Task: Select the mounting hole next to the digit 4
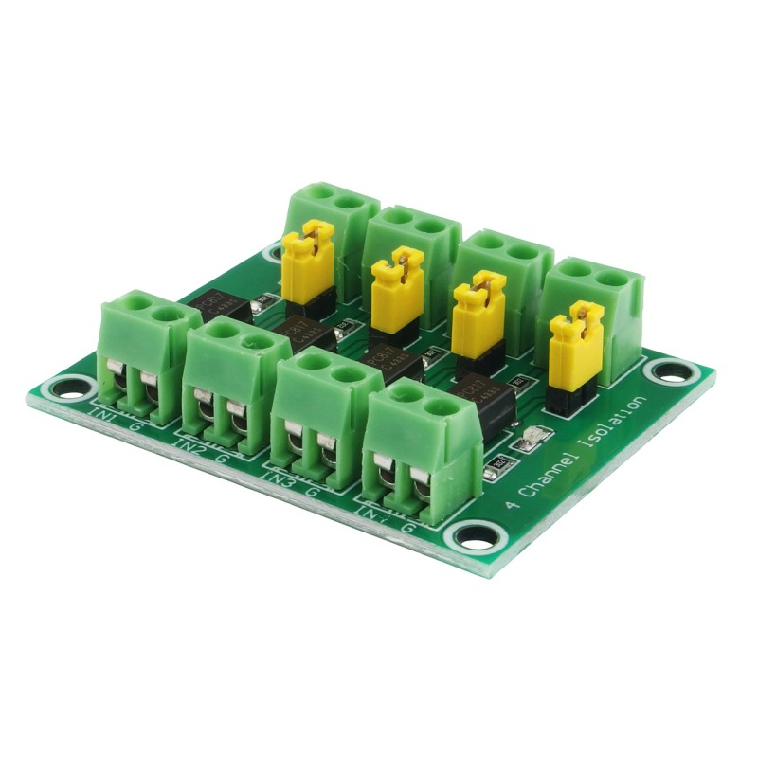(475, 536)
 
